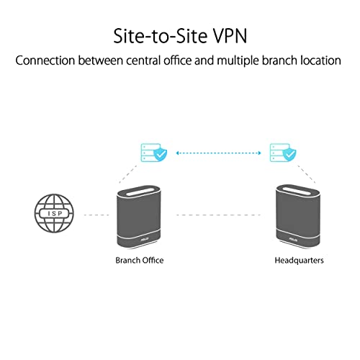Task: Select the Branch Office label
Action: pyautogui.click(x=140, y=259)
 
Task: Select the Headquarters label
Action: pyautogui.click(x=300, y=259)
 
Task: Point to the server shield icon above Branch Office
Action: pyautogui.click(x=153, y=153)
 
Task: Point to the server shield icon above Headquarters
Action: pyautogui.click(x=282, y=153)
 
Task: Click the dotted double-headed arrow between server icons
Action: pyautogui.click(x=218, y=153)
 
